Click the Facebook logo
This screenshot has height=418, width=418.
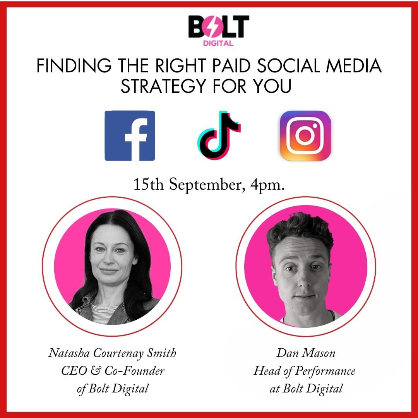point(130,136)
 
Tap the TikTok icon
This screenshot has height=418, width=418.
point(219,136)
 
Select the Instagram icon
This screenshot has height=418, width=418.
point(305,136)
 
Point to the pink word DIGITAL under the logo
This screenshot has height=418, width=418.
point(218,43)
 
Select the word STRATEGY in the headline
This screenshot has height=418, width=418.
point(164,86)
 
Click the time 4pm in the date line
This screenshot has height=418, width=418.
point(267,185)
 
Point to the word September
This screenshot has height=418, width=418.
point(205,185)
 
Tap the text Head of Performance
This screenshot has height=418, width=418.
point(305,371)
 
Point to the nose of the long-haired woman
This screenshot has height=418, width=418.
point(109,259)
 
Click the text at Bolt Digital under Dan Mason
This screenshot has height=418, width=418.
point(306,389)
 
